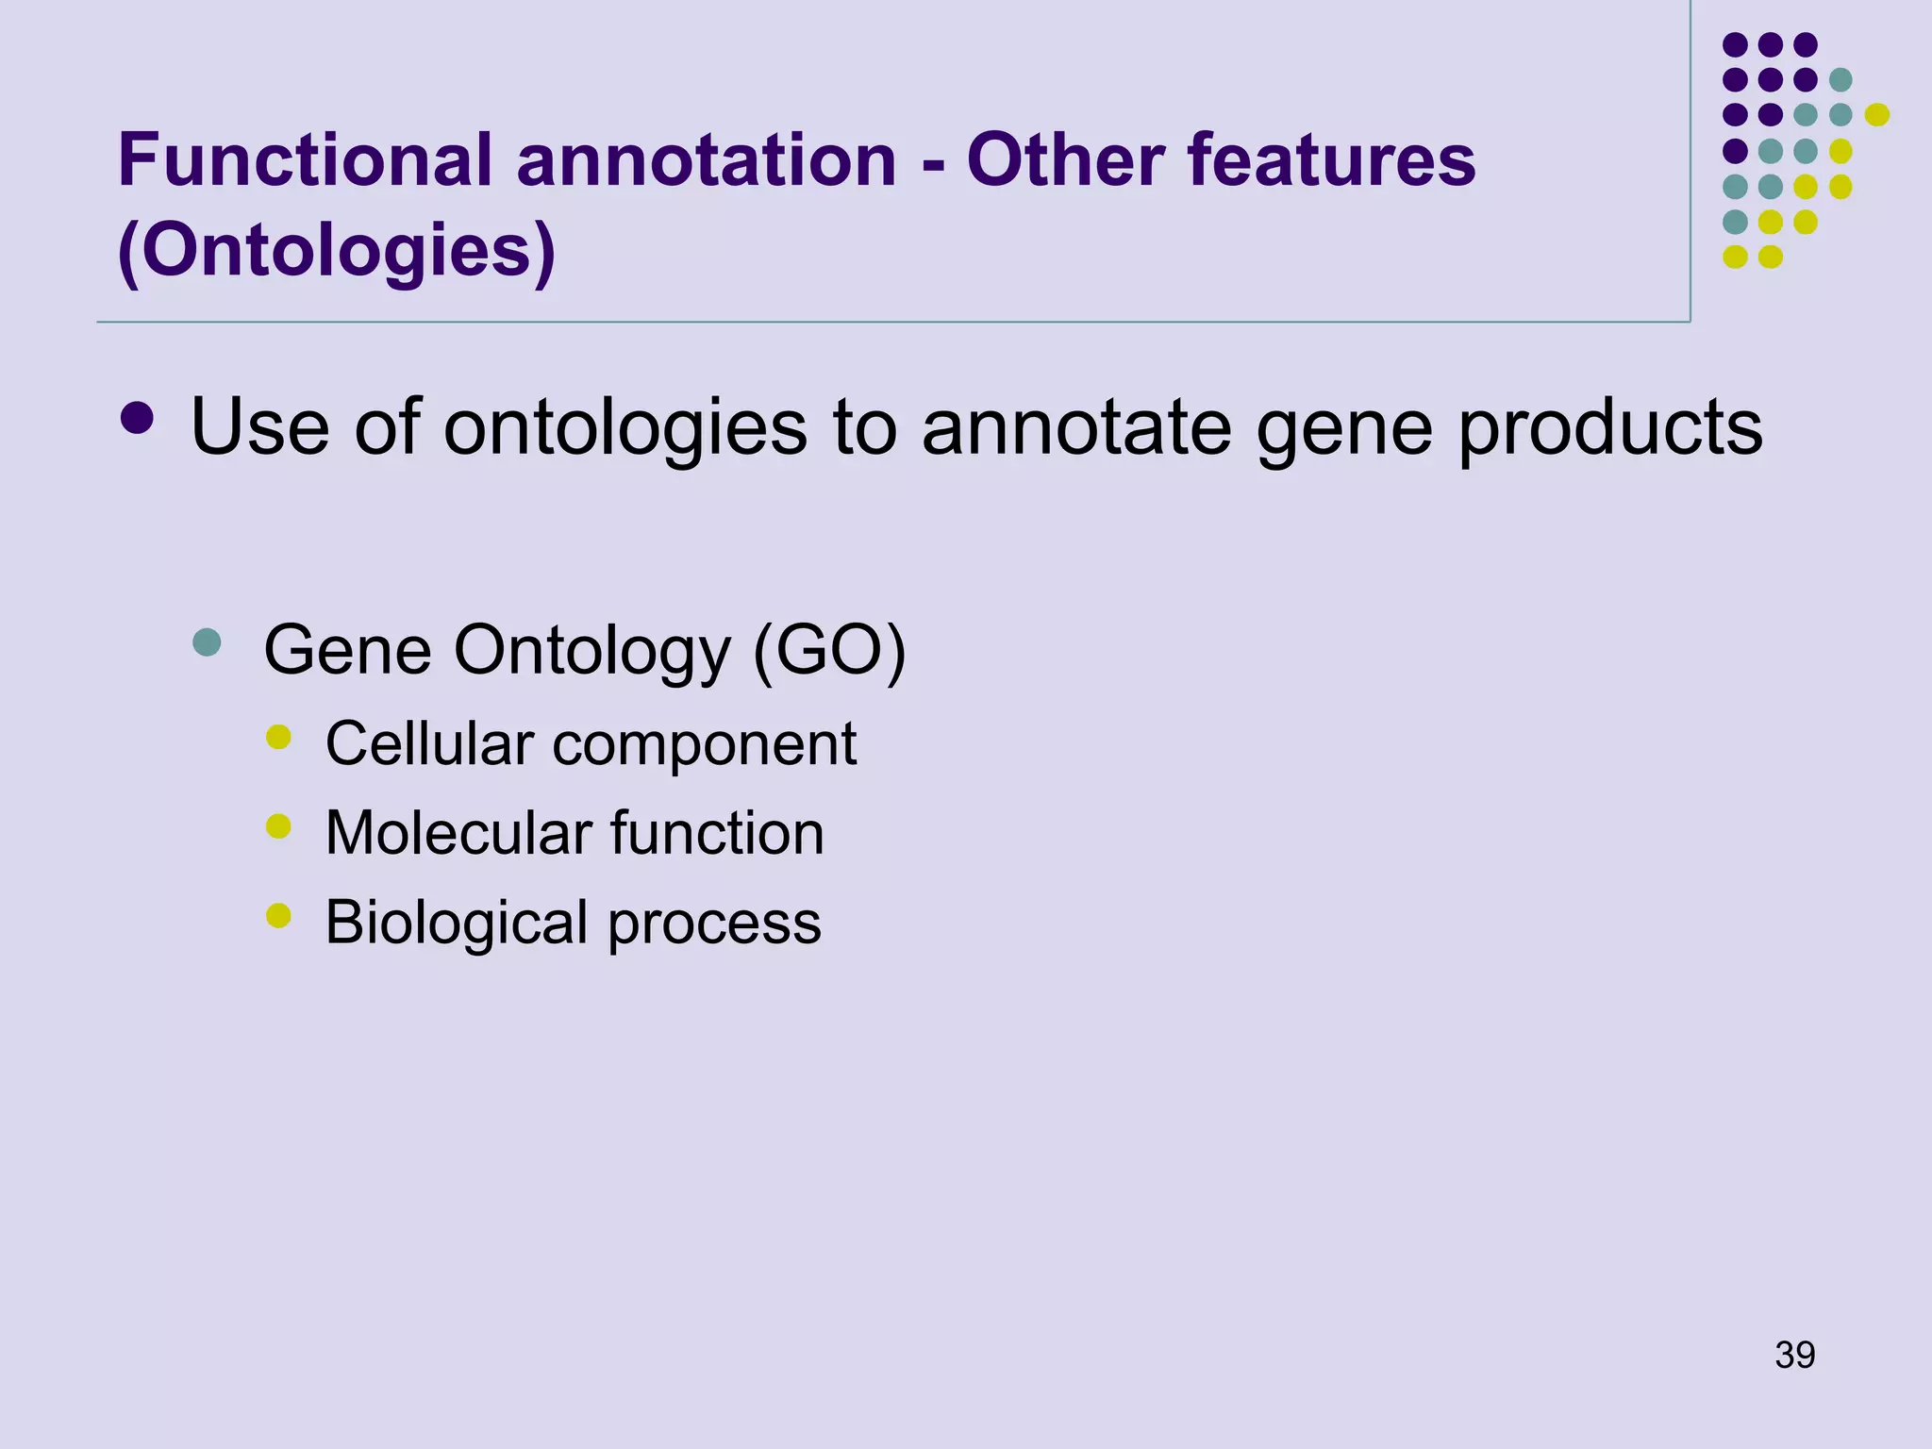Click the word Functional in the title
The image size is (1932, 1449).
(305, 160)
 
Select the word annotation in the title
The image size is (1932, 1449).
(706, 160)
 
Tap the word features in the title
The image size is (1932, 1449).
(1331, 160)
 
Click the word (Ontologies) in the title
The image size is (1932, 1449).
(336, 251)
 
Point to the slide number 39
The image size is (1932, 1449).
(1794, 1355)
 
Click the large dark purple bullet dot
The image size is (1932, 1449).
(138, 419)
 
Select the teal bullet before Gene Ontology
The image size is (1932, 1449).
(207, 643)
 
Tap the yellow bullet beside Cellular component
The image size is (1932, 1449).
(278, 737)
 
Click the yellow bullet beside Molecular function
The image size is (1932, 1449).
(278, 826)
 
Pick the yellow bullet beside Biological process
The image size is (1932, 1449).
(278, 915)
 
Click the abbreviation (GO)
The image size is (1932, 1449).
(829, 650)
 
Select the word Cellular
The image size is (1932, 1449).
(429, 743)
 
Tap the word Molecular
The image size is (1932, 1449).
(458, 833)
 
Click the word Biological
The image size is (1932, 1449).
(457, 923)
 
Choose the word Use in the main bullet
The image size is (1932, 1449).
(259, 426)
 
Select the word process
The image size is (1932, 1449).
(714, 924)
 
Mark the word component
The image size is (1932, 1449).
(704, 745)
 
